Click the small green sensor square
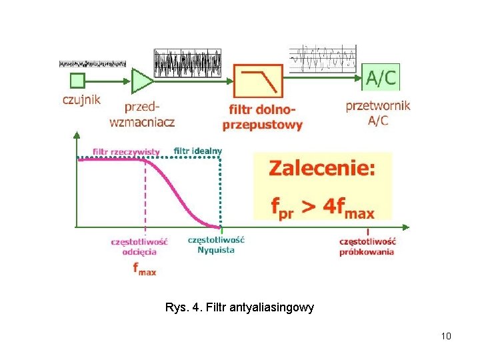77,81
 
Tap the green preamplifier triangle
141,81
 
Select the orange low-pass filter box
259,81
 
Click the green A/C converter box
381,77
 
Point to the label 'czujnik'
81,99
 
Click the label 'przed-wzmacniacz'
142,113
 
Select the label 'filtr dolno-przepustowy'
262,117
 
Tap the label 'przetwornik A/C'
378,112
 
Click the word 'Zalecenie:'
322,169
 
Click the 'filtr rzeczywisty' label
127,151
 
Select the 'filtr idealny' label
198,151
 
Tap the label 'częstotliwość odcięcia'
139,246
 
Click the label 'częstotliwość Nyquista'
216,244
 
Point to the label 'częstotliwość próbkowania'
367,246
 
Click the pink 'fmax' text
144,269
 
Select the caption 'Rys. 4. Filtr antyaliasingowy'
239,309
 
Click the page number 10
446,336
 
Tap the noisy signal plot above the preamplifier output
187,63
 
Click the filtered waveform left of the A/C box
323,59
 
